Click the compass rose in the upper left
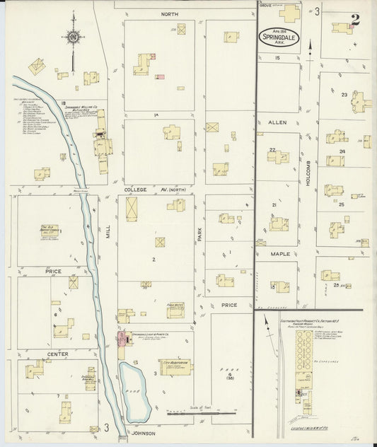click(74, 37)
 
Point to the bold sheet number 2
click(354, 19)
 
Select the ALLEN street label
click(276, 122)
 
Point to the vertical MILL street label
click(109, 242)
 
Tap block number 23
click(344, 95)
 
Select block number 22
click(272, 149)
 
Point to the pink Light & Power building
click(122, 337)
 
